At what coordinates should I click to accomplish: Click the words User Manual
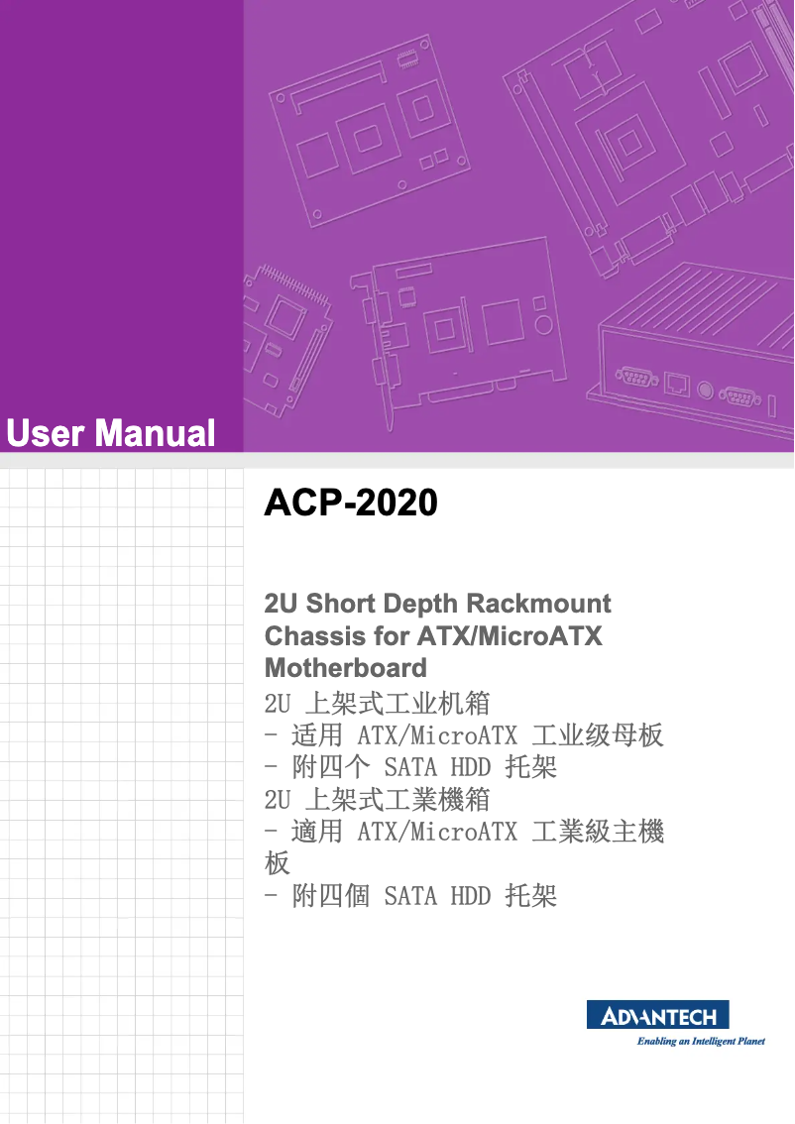point(110,433)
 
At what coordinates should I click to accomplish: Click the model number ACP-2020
point(351,504)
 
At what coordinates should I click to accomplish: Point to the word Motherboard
point(346,667)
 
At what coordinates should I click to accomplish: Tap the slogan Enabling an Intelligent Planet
point(700,1042)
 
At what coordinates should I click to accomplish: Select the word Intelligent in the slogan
point(711,1042)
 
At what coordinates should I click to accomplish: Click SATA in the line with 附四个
point(410,767)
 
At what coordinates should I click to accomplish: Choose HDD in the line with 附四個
point(471,897)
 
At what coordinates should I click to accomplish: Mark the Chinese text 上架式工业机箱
point(397,704)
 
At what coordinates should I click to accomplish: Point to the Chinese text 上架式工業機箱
point(397,799)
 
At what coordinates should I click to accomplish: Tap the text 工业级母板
point(598,735)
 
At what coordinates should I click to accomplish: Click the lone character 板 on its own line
point(278,863)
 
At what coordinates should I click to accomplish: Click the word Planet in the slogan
point(749,1042)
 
